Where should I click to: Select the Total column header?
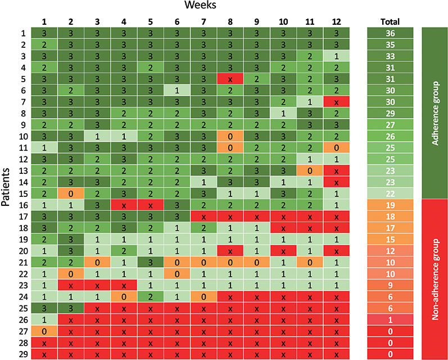pos(390,22)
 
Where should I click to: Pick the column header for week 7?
pos(203,22)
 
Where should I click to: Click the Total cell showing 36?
pos(390,33)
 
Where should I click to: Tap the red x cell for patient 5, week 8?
pos(230,79)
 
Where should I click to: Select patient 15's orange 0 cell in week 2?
pos(71,193)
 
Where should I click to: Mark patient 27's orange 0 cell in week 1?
pos(45,331)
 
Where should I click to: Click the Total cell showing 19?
pos(390,204)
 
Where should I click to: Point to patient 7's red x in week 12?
pos(336,102)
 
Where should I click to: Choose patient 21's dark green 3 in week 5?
pos(151,262)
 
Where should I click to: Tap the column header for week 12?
pos(336,22)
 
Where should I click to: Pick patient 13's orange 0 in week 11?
pos(310,171)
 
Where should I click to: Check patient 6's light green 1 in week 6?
pos(177,91)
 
